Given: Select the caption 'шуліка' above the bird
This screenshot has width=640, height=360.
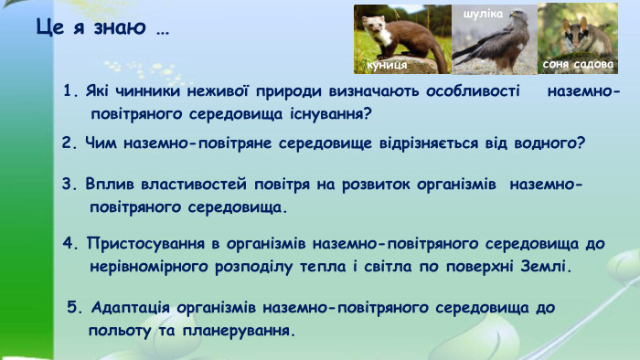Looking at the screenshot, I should point(484,15).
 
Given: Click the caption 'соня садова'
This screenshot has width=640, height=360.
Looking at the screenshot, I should point(572,65).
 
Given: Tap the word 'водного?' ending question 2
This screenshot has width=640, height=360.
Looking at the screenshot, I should point(550,143).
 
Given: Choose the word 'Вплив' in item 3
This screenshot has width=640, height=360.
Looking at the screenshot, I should point(105,184).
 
